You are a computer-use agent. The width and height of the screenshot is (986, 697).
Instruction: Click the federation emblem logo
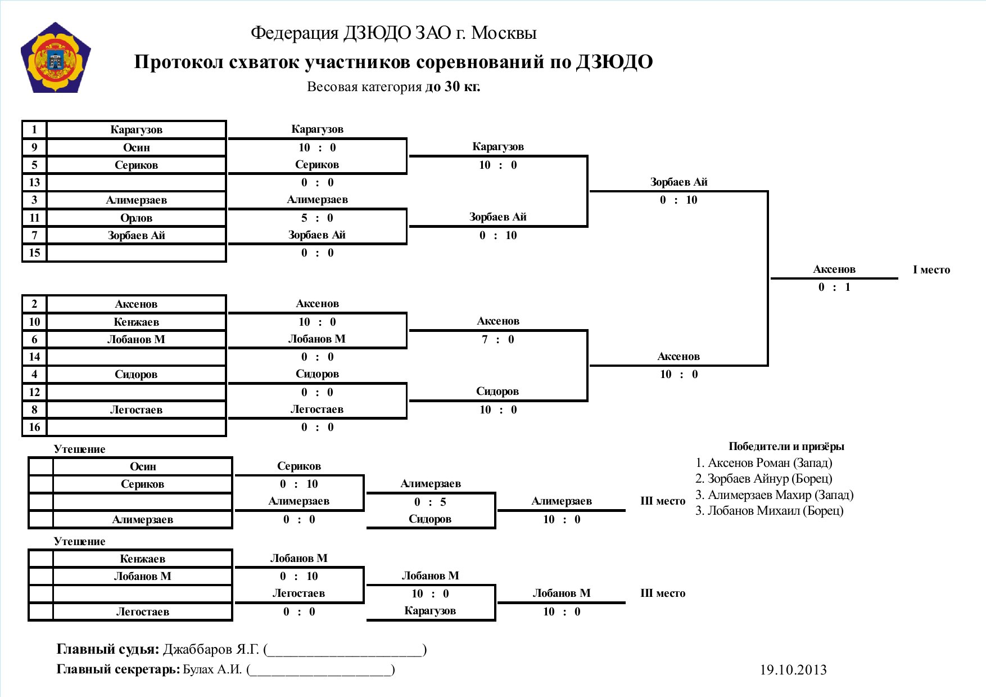click(x=56, y=58)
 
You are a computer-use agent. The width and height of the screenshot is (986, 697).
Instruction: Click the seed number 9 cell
click(x=34, y=147)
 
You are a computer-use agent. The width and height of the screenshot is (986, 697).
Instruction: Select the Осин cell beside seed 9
click(x=137, y=147)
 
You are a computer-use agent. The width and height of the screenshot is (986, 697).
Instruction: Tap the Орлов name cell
click(x=137, y=218)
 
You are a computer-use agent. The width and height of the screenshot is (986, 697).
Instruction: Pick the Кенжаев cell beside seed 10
click(x=137, y=322)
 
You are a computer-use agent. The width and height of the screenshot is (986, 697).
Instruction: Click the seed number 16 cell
click(x=34, y=427)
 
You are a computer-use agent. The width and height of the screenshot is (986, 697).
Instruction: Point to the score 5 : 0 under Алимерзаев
click(x=317, y=218)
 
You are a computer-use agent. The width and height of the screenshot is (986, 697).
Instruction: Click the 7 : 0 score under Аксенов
click(x=498, y=339)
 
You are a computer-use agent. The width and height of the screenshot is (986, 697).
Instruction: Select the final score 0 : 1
click(x=834, y=287)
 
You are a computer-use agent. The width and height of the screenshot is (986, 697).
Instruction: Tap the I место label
click(x=931, y=269)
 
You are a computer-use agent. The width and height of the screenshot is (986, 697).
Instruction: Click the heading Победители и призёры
click(x=786, y=447)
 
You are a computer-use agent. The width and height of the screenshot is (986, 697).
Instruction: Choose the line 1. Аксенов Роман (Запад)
click(x=763, y=463)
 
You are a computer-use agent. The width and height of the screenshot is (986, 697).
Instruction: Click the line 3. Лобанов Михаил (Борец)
click(x=769, y=511)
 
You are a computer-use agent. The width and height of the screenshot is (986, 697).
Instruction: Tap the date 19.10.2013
click(x=793, y=669)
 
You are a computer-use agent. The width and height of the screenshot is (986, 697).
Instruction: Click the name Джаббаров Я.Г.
click(x=211, y=649)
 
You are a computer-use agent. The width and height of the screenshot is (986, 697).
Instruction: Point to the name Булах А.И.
click(x=212, y=669)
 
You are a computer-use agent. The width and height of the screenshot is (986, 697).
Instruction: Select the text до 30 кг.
click(x=453, y=87)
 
